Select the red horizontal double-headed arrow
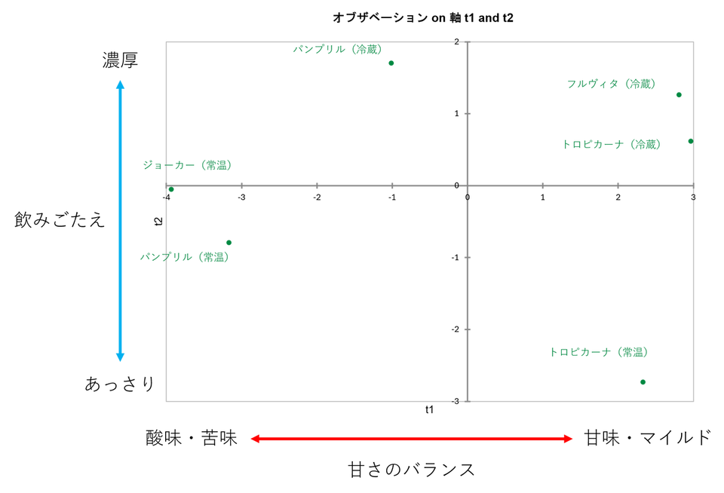click(x=412, y=439)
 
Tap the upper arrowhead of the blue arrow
click(x=120, y=83)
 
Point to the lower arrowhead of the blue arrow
click(x=120, y=357)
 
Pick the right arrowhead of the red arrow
click(x=569, y=439)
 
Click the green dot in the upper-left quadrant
click(x=391, y=63)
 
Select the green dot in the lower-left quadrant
click(x=229, y=242)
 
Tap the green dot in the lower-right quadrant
click(x=643, y=382)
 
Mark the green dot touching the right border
click(x=689, y=141)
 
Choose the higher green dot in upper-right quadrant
click(x=679, y=94)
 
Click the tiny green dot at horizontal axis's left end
click(x=173, y=191)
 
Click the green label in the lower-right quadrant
click(x=599, y=352)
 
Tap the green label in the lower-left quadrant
click(x=183, y=258)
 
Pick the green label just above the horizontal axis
click(x=187, y=165)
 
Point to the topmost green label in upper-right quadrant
click(x=611, y=84)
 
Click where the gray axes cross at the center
click(x=467, y=185)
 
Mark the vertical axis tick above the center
click(x=467, y=114)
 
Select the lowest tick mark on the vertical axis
click(x=467, y=329)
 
